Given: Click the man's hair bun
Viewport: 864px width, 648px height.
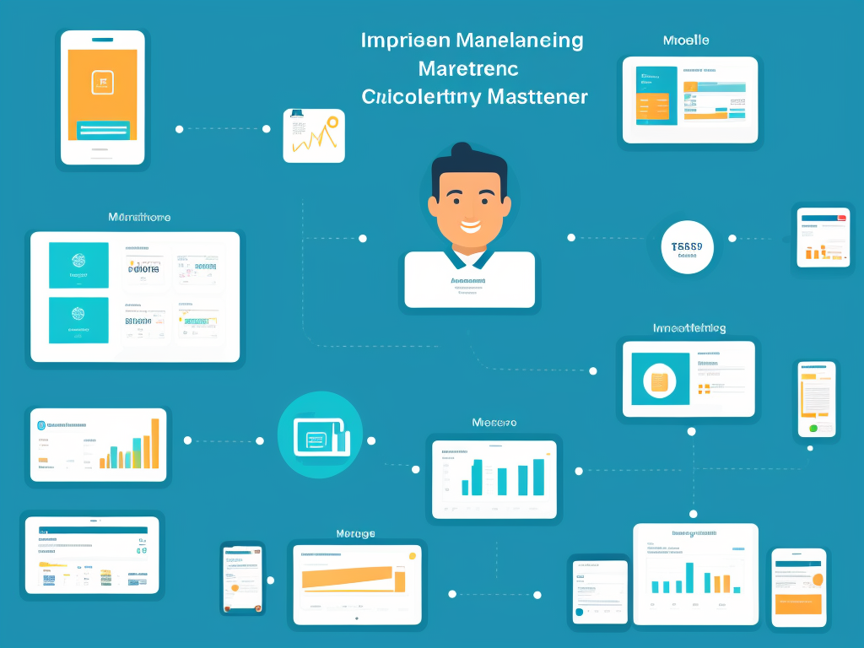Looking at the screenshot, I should (462, 152).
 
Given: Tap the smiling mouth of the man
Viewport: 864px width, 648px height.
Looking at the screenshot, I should (469, 226).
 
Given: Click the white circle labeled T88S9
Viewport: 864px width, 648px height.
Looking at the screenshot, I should (688, 247).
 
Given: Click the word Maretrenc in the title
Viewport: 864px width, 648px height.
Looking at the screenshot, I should (468, 68).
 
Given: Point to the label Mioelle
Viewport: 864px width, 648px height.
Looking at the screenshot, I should (685, 40).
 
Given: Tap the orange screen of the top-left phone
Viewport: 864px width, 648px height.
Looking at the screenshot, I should (102, 84).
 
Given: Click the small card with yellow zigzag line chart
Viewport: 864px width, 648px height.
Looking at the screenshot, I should (314, 135).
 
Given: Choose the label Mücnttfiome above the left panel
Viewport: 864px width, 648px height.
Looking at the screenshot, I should (139, 218).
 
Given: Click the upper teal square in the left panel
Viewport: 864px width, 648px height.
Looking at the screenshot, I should (78, 265).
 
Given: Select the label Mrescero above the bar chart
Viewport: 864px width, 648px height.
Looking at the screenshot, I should (494, 422).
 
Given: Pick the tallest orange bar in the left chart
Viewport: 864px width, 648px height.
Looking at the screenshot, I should (154, 443).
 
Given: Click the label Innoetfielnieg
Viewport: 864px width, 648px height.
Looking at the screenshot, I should (689, 328).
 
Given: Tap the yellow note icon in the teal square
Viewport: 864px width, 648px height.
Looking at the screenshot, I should (660, 381).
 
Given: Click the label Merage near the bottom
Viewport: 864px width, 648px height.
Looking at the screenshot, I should (355, 533).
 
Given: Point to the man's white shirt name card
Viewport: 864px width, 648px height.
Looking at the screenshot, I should (469, 279).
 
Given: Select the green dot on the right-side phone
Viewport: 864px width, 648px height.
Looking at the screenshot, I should (813, 428).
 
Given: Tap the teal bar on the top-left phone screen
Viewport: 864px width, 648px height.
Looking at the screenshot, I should (103, 130).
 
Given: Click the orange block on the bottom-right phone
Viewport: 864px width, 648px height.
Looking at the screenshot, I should (797, 603).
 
